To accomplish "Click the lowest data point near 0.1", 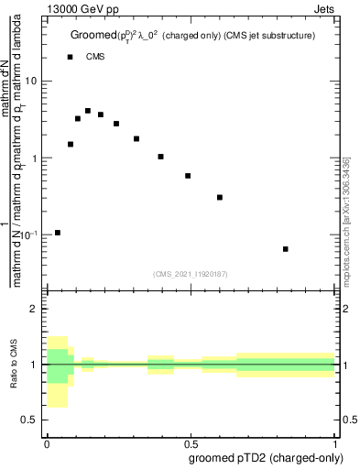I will click(57, 233).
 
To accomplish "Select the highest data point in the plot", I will click(88, 111).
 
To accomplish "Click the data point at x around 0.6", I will click(220, 197).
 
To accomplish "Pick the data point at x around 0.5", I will click(188, 176).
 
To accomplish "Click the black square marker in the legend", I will click(70, 57).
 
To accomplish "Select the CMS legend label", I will click(95, 57).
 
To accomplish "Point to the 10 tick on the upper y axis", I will click(34, 81).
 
